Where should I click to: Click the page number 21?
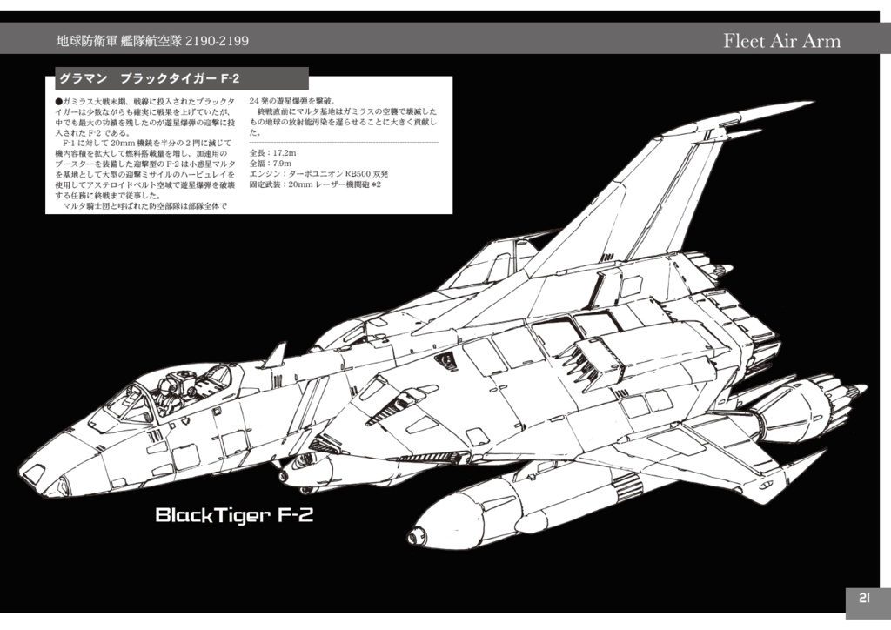click(x=864, y=598)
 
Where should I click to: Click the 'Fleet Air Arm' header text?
click(x=781, y=41)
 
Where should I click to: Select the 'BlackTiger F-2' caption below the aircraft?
click(x=234, y=516)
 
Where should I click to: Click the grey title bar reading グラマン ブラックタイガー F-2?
click(x=181, y=79)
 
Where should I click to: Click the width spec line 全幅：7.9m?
click(x=271, y=164)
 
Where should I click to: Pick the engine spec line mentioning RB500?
click(x=318, y=174)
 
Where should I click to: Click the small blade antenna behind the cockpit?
click(x=276, y=354)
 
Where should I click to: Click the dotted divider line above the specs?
click(x=343, y=142)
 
